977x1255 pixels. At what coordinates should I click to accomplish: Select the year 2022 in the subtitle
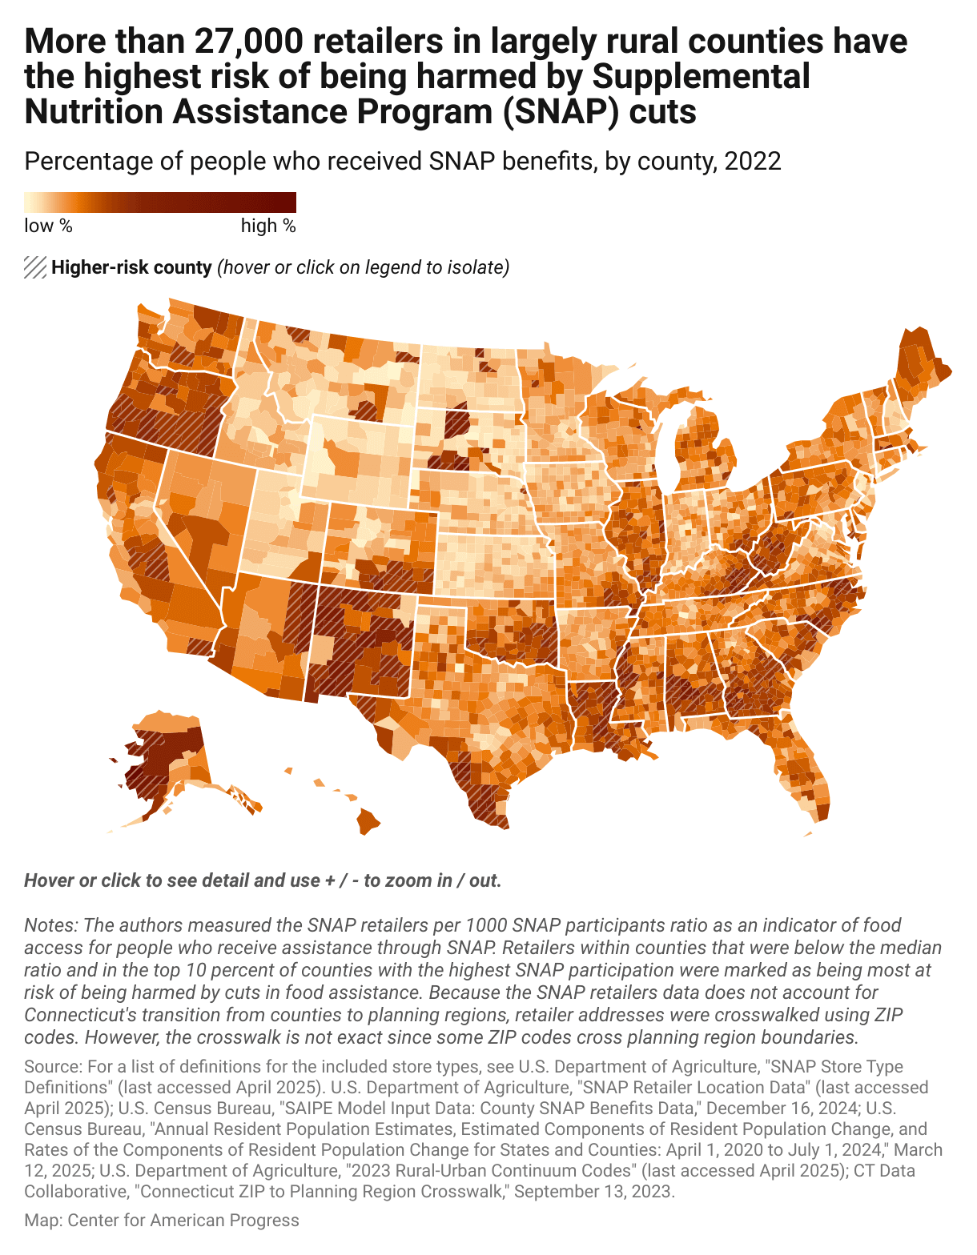point(752,161)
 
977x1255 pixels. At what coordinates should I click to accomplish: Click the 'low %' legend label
point(48,226)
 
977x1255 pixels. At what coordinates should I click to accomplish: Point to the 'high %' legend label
point(268,226)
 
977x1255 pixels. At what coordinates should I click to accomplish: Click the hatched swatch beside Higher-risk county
point(35,267)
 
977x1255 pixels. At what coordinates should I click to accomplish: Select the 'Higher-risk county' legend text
point(131,267)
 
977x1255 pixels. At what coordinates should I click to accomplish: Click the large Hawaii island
point(368,821)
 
